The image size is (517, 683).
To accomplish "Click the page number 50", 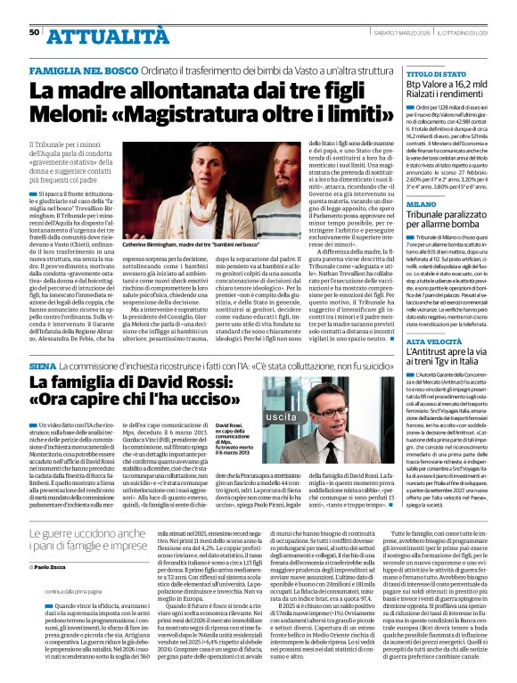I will click(x=35, y=32).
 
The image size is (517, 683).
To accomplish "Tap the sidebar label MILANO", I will click(x=421, y=204).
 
